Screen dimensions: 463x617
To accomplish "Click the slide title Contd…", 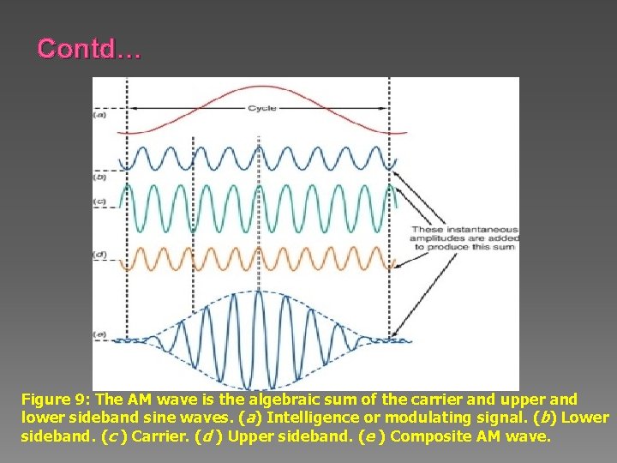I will coord(88,49).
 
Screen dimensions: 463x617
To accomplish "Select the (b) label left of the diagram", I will coord(99,177).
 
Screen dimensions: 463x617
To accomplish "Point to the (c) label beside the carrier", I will coord(99,202).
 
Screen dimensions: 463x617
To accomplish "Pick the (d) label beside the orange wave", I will coord(99,256).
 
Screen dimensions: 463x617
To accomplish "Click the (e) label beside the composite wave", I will coord(99,334).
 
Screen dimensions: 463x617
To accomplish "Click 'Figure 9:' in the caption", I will coord(56,400).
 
